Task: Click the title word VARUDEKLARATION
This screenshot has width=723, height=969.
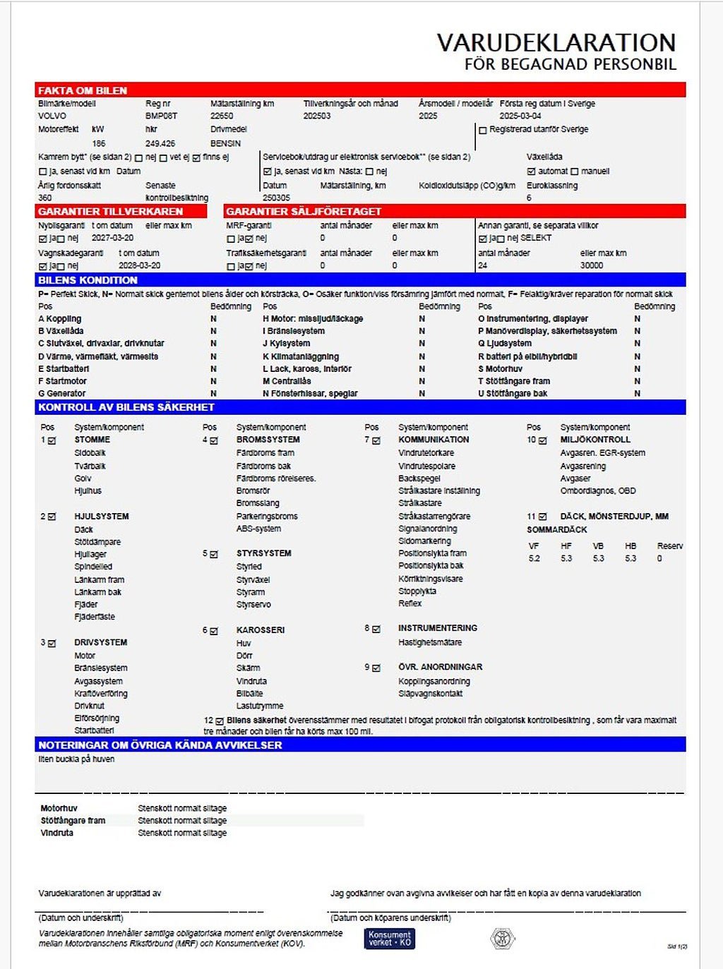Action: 556,42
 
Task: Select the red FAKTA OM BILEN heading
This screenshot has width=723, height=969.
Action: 83,90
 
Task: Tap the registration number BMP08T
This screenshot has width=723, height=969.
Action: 161,116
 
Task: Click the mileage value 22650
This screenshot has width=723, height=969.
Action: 222,116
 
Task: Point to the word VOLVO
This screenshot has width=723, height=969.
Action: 52,116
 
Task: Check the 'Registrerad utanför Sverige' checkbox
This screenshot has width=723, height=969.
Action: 483,130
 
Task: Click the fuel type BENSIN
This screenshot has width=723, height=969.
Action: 225,143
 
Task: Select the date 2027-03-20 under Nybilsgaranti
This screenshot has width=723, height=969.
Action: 112,238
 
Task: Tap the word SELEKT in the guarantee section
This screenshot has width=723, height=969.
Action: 536,238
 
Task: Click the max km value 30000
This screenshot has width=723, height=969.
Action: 592,265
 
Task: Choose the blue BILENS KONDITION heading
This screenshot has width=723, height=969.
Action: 88,280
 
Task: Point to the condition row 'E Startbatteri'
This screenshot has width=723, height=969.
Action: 64,368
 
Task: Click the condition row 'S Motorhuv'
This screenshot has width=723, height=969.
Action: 500,368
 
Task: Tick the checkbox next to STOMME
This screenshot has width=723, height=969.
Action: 52,440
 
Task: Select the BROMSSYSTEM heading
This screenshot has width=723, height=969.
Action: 268,440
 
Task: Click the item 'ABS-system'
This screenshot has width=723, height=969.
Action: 258,529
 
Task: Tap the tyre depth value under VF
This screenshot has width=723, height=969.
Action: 534,558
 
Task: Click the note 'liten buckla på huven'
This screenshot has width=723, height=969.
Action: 76,759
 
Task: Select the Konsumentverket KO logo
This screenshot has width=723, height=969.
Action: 390,938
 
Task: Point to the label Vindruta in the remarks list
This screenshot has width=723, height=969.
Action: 57,833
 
